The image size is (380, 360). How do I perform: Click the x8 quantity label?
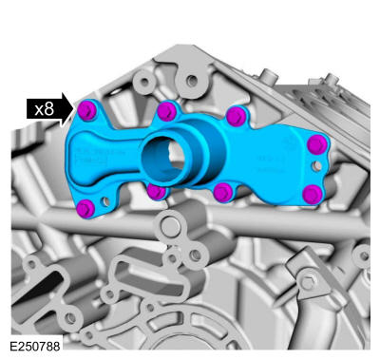(x=45, y=109)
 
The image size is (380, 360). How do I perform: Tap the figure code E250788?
(x=35, y=346)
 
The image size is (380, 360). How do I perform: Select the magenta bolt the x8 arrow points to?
(x=86, y=110)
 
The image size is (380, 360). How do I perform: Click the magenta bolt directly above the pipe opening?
(x=166, y=111)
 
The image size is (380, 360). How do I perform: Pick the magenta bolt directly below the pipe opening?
(x=157, y=192)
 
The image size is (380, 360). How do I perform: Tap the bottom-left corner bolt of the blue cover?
(x=85, y=209)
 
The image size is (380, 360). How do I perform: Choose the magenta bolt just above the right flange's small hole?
(x=317, y=144)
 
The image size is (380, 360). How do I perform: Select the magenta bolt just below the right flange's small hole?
(x=313, y=195)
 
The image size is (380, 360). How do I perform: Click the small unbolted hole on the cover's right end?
(x=316, y=165)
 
